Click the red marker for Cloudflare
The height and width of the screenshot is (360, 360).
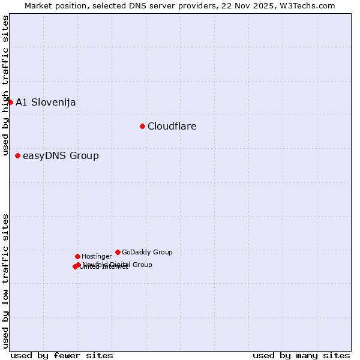click(x=142, y=126)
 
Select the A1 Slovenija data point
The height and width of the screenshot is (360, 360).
click(x=10, y=102)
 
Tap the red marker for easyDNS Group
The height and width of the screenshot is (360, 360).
click(x=17, y=155)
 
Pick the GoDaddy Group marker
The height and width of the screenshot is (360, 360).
click(x=118, y=252)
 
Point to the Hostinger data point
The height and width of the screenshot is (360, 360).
click(x=77, y=256)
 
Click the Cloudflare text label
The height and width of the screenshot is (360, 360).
click(x=172, y=126)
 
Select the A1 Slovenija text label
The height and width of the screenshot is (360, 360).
click(x=46, y=102)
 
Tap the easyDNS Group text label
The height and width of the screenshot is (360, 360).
click(x=61, y=156)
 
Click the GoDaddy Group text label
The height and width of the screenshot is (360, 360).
click(x=147, y=252)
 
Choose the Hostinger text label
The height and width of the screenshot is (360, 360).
click(x=97, y=256)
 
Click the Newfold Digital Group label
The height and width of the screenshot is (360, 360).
click(x=118, y=264)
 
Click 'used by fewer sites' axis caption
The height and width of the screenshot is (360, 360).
click(x=62, y=355)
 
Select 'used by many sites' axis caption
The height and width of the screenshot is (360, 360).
click(x=301, y=355)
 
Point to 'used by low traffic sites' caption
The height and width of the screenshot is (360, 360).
click(x=6, y=281)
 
